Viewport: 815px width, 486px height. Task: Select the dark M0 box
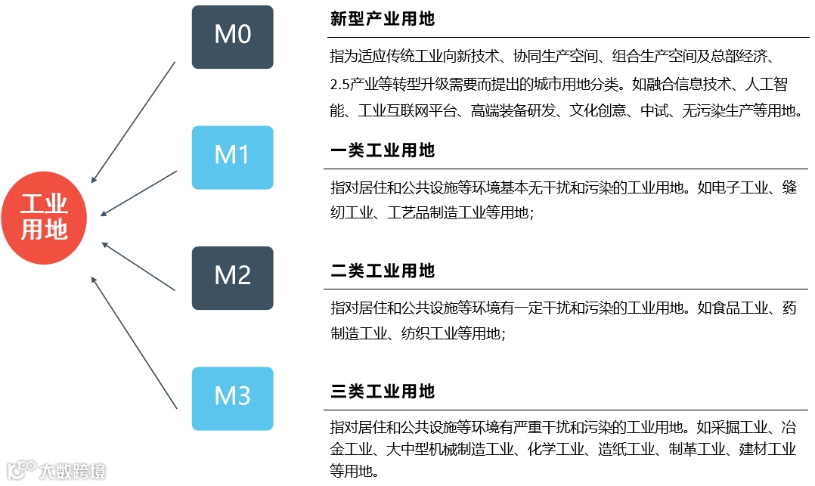tap(232, 36)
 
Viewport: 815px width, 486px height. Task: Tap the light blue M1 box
tap(232, 156)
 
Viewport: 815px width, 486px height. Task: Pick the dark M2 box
tap(232, 277)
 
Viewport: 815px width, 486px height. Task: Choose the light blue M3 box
tap(232, 398)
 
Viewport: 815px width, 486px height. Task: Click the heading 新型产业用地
tap(383, 19)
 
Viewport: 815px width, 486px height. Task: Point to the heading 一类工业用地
tap(383, 150)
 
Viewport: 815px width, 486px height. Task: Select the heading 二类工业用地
tap(383, 271)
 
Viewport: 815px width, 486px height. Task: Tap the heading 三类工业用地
tap(383, 392)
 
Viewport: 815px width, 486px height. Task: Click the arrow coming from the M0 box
tap(134, 122)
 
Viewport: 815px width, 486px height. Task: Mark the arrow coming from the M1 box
tap(139, 193)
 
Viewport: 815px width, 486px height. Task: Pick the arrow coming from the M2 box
tap(138, 266)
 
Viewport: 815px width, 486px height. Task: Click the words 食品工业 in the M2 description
tap(733, 308)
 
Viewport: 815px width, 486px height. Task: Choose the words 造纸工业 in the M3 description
tap(629, 449)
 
